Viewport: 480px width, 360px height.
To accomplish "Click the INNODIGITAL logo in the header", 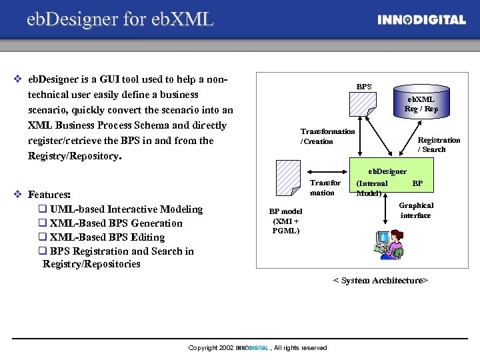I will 421,20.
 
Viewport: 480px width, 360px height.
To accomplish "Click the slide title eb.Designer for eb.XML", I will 120,19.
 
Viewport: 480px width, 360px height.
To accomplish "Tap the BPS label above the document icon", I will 364,87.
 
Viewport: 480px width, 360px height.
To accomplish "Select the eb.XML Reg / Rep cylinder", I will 421,102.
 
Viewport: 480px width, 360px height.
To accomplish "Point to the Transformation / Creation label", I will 327,136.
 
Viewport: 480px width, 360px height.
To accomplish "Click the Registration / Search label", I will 438,145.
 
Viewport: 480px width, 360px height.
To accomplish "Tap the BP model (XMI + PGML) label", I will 285,221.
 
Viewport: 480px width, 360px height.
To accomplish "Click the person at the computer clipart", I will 389,244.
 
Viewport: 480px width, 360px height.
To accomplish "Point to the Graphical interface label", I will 416,211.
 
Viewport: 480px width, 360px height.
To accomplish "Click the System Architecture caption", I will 380,281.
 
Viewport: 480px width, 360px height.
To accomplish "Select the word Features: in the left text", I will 49,195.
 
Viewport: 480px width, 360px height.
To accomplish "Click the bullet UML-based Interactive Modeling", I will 125,209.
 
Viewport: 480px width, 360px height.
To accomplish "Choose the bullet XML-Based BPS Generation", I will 115,223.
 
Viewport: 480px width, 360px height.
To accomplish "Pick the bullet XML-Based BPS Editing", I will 107,237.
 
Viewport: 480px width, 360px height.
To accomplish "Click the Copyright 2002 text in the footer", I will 211,348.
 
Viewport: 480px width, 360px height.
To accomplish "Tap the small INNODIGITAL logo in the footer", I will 252,348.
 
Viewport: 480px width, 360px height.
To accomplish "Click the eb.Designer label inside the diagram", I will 387,171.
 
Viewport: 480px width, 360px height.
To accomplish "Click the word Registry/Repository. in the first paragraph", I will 74,156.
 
